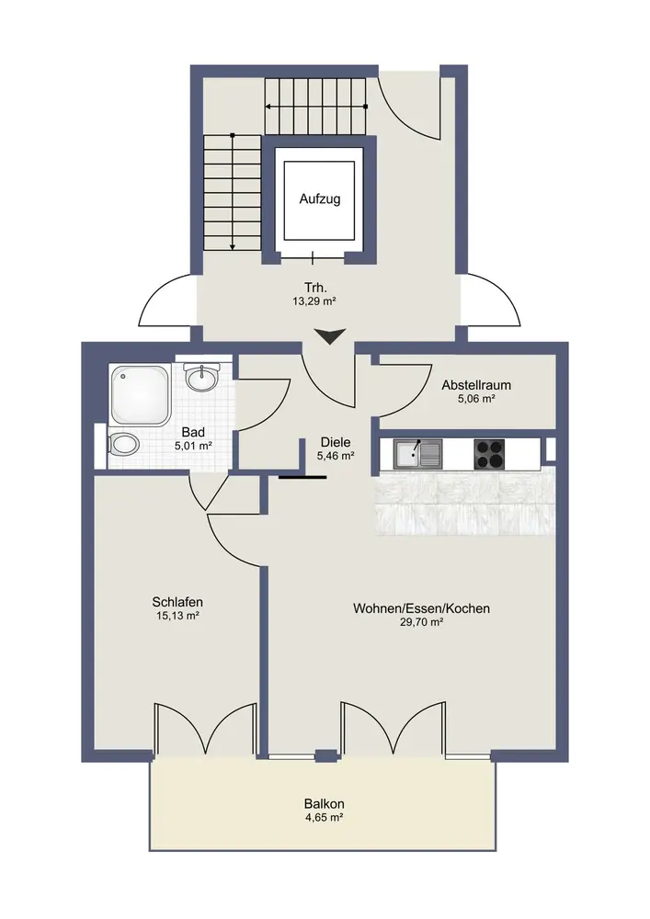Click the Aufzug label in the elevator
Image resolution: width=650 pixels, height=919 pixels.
319,199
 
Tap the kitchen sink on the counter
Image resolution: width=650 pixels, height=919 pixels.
418,454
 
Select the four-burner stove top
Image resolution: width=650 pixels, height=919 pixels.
489,454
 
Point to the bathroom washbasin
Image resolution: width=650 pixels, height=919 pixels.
202,376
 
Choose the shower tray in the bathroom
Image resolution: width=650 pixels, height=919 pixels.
141,394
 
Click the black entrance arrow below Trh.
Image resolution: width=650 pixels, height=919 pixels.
330,337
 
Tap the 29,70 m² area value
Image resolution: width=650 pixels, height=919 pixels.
421,622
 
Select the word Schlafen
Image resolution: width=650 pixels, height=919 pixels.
177,602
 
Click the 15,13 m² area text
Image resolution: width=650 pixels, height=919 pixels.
177,616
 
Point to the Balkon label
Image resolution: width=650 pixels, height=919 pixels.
325,803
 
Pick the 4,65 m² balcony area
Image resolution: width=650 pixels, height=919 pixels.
325,817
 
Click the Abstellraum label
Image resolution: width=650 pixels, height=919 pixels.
476,385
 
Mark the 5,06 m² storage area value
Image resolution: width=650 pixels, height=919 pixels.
476,399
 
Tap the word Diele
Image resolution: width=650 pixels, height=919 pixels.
336,443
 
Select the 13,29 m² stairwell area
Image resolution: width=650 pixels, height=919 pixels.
315,301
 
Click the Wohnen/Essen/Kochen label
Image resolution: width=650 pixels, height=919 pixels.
421,608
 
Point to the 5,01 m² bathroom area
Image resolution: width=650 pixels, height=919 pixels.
193,446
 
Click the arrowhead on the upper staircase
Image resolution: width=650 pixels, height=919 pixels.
268,107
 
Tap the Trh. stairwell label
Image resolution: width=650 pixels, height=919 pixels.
315,288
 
